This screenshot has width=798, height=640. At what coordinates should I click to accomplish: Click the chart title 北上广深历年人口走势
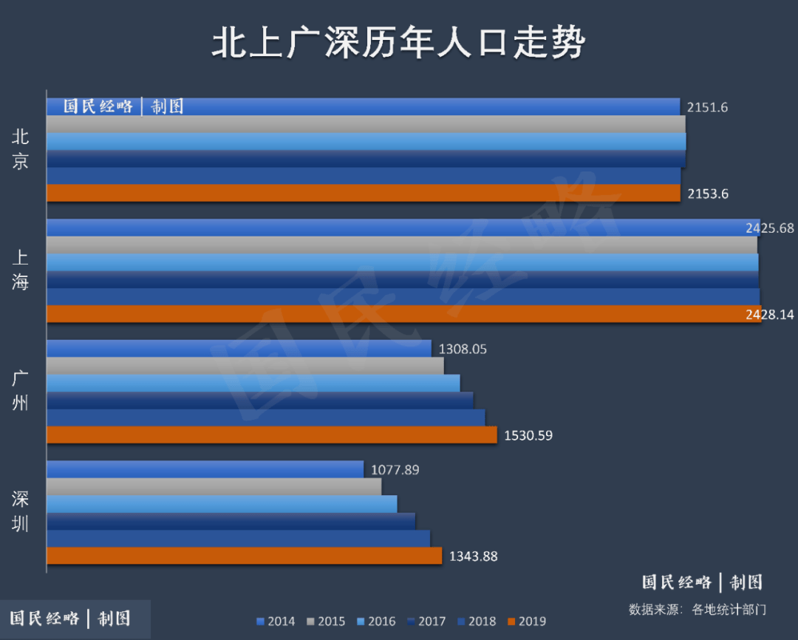click(398, 44)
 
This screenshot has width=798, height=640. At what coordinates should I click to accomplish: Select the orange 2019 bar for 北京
click(363, 193)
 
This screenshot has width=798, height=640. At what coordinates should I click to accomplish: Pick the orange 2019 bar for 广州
click(271, 435)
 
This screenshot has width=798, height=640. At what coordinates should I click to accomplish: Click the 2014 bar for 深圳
click(205, 469)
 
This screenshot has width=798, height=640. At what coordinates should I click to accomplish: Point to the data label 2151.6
click(707, 107)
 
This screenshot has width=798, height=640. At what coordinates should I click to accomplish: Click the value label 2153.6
click(707, 194)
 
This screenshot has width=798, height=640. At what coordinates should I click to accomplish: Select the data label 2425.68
click(770, 228)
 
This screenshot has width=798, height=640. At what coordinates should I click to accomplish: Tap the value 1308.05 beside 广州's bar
click(463, 349)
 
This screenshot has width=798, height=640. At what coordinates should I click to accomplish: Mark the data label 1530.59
click(528, 435)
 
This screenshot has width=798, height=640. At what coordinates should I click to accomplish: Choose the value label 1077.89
click(395, 469)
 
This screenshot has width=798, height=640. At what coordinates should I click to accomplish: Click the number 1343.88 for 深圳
click(473, 556)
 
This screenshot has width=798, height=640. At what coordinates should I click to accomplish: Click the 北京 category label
click(21, 150)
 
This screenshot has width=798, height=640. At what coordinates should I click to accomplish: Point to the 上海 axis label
click(21, 270)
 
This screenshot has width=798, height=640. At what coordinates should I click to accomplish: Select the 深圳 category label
click(21, 511)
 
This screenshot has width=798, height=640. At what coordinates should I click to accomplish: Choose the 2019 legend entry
click(526, 622)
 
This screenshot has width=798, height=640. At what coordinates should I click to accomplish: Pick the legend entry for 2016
click(375, 622)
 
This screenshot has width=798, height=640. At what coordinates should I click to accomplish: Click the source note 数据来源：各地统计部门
click(697, 610)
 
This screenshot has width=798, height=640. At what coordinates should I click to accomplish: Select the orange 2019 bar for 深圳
click(244, 556)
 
